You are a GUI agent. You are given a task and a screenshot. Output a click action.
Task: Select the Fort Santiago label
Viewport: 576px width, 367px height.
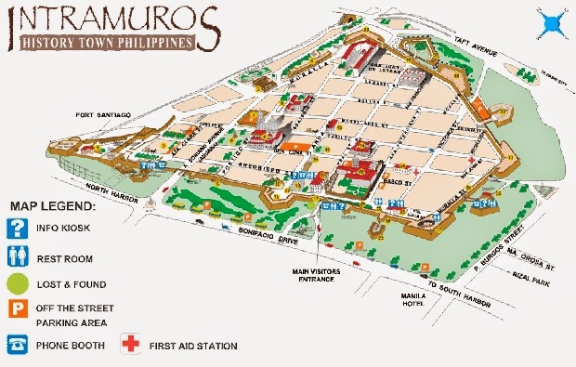pos(102,114)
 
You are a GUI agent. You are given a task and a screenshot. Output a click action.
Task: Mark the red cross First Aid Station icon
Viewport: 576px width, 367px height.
pos(132,346)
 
